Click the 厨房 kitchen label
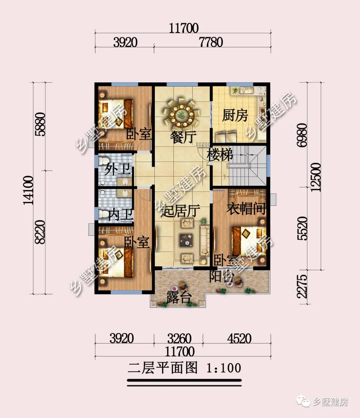point(235,115)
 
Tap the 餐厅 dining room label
point(183,137)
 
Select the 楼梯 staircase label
point(220,155)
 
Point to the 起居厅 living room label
point(180,211)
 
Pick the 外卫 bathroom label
point(117,169)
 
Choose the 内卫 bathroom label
point(120,215)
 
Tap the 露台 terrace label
point(179,297)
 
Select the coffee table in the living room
point(186,240)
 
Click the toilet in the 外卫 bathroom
point(103,161)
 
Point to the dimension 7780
point(211,42)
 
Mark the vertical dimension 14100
point(28,190)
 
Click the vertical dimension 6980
point(302,135)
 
